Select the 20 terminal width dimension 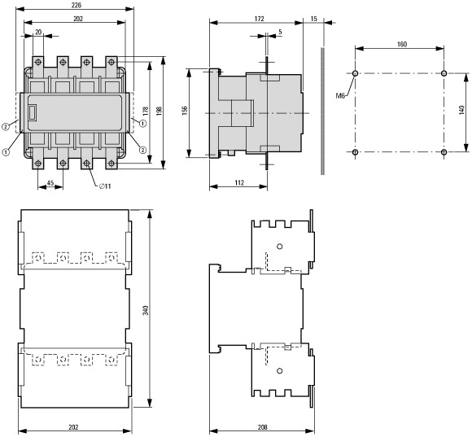pyautogui.click(x=38, y=33)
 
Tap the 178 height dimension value pyautogui.click(x=146, y=111)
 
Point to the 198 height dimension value pyautogui.click(x=160, y=111)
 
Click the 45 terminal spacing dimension pyautogui.click(x=50, y=182)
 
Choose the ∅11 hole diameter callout pyautogui.click(x=105, y=186)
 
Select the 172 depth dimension pyautogui.click(x=259, y=19)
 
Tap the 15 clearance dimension pyautogui.click(x=313, y=19)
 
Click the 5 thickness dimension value pyautogui.click(x=280, y=32)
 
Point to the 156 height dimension pyautogui.click(x=185, y=110)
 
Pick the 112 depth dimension pyautogui.click(x=239, y=182)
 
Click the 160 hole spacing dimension pyautogui.click(x=401, y=44)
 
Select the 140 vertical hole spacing pyautogui.click(x=461, y=110)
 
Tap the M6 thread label pyautogui.click(x=340, y=96)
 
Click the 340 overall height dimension pyautogui.click(x=146, y=310)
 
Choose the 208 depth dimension pyautogui.click(x=263, y=427)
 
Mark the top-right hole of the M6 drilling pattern pyautogui.click(x=444, y=73)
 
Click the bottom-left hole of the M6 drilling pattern pyautogui.click(x=355, y=152)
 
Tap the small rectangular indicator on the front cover pyautogui.click(x=33, y=112)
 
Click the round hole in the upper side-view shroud pyautogui.click(x=280, y=247)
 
